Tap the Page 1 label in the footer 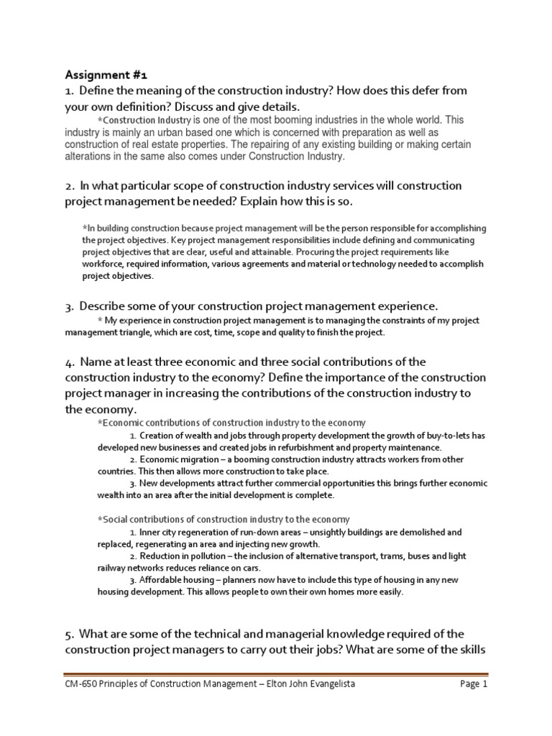coord(474,684)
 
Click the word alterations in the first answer coord(90,156)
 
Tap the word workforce coord(105,264)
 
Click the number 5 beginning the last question coord(69,635)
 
